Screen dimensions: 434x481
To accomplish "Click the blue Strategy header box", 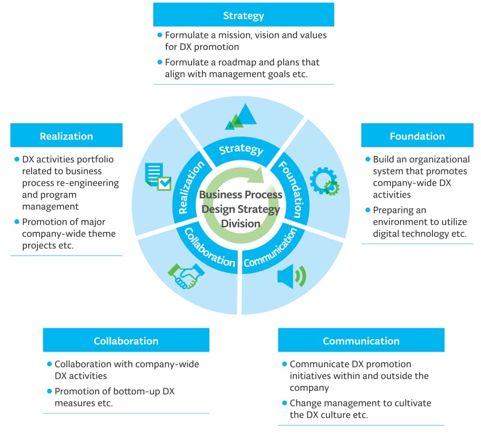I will [244, 14].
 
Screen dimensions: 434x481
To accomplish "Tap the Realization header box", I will [66, 135].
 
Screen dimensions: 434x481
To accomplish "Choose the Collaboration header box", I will [126, 340].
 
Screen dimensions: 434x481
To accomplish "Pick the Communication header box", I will [361, 340].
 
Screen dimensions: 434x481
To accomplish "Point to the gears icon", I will [324, 181].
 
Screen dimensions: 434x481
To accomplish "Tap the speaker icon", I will [291, 276].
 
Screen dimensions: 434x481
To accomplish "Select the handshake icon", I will [186, 275].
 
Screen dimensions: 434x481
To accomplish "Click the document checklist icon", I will [158, 177].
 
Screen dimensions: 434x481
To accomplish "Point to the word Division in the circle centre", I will [240, 223].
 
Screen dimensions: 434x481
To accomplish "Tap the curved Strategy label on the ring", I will [240, 149].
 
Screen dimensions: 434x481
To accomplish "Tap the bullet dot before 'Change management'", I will [284, 403].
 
